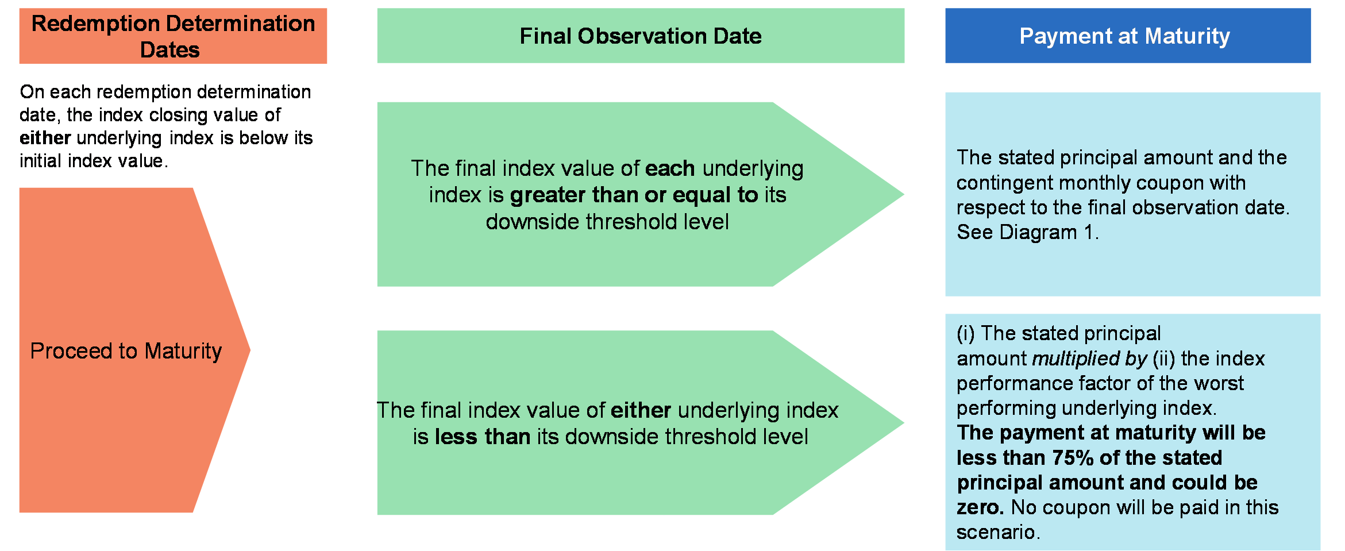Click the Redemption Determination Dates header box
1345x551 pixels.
pos(173,36)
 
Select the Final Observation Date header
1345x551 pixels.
pos(641,36)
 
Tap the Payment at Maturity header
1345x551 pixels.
pos(1128,36)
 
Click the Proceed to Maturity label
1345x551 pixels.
pos(126,351)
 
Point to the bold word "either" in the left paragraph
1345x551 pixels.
pos(45,138)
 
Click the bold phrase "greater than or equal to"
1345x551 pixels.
pos(634,195)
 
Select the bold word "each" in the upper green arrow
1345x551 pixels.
pos(670,168)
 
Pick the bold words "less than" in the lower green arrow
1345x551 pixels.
pos(483,437)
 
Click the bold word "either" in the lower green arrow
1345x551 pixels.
pos(641,410)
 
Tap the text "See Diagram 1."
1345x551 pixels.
pos(1027,232)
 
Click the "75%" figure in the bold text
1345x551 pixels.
pos(1073,458)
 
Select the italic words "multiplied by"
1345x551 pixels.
pos(1089,359)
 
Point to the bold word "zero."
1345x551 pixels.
pos(980,507)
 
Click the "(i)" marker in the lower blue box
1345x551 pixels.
pos(966,333)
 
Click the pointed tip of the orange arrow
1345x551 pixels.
pos(250,350)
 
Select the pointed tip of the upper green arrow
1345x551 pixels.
pos(904,194)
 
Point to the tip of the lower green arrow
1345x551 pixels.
pos(904,423)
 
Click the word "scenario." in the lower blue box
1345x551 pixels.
pos(998,532)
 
